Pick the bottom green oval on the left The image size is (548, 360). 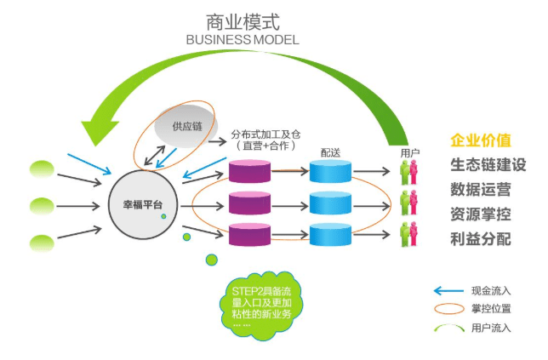42,243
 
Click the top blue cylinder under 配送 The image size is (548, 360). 330,172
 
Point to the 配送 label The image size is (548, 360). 330,151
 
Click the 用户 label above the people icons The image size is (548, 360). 409,152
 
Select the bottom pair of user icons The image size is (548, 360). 409,234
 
